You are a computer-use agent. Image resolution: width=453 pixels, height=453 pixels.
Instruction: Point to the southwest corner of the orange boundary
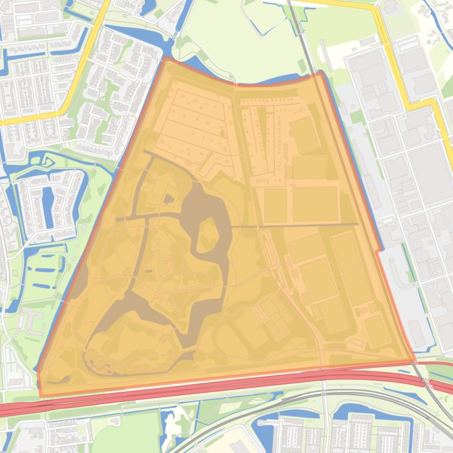click(x=40, y=396)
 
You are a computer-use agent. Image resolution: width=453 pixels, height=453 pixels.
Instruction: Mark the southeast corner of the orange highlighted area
click(x=414, y=360)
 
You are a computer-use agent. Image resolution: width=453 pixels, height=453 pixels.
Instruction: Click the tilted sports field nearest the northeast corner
click(x=305, y=134)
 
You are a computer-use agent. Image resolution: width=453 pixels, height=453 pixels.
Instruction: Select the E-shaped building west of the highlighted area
click(x=32, y=321)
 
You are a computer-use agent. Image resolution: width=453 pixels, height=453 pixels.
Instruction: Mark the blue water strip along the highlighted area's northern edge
click(x=271, y=81)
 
